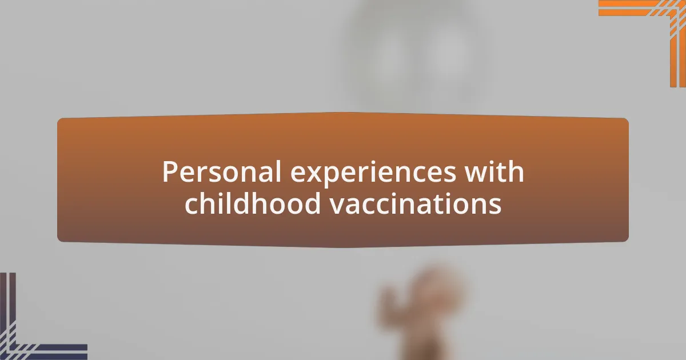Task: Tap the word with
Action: click(496, 172)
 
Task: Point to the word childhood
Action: click(253, 204)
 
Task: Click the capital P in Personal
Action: click(169, 172)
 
